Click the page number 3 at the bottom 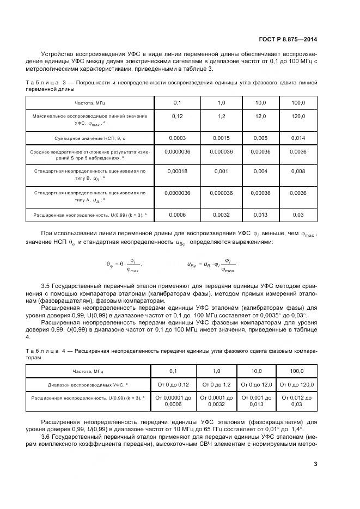point(315,463)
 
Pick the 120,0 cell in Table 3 point(298,116)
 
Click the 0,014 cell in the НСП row point(298,138)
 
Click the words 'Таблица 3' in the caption point(40,82)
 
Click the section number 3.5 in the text point(46,285)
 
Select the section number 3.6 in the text point(46,437)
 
